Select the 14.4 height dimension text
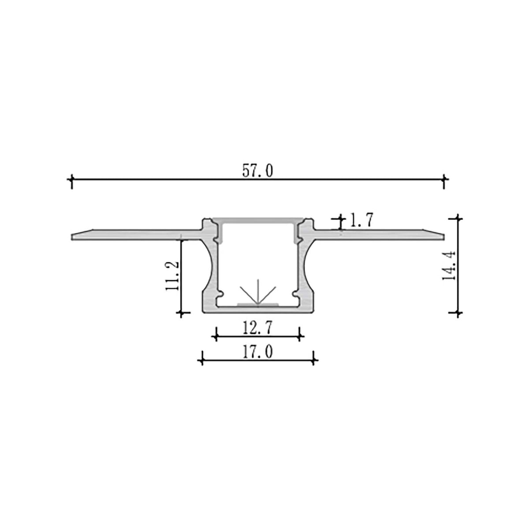coord(449,265)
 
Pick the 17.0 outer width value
coord(257,352)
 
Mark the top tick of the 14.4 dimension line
coord(459,217)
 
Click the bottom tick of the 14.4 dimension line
coord(459,313)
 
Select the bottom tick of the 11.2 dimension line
coord(182,313)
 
